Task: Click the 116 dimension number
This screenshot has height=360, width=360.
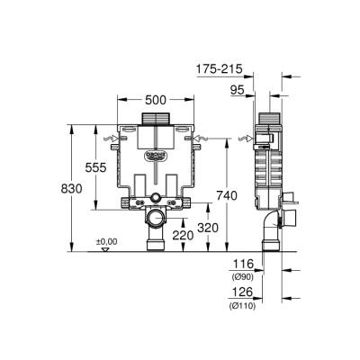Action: point(243,264)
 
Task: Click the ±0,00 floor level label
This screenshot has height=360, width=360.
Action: point(107,241)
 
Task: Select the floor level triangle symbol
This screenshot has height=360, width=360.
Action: point(105,248)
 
